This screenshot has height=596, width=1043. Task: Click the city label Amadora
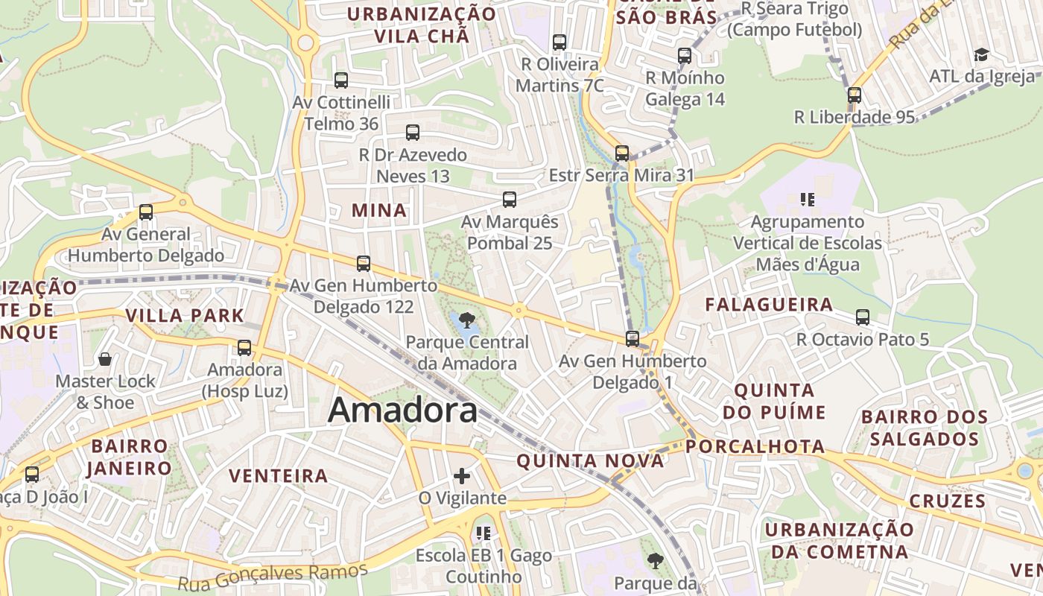pyautogui.click(x=402, y=410)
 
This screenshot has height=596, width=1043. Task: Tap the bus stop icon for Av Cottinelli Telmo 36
pyautogui.click(x=341, y=80)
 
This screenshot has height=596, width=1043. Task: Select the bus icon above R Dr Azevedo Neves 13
pyautogui.click(x=413, y=133)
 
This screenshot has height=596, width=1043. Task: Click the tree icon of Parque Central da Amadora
pyautogui.click(x=467, y=320)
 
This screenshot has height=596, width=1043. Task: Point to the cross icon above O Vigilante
pyautogui.click(x=462, y=475)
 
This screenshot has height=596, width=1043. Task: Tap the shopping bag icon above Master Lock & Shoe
pyautogui.click(x=105, y=359)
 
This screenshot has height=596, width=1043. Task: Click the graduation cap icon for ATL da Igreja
pyautogui.click(x=981, y=54)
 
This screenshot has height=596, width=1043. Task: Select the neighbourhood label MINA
pyautogui.click(x=379, y=211)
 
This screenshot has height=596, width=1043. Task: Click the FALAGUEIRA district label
pyautogui.click(x=769, y=304)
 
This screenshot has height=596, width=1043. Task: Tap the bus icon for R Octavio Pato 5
pyautogui.click(x=863, y=317)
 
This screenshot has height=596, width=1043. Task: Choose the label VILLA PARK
pyautogui.click(x=185, y=315)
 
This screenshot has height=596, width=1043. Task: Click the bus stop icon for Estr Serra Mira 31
pyautogui.click(x=621, y=153)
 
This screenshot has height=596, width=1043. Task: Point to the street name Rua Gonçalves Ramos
pyautogui.click(x=273, y=575)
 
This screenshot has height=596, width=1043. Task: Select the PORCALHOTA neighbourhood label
pyautogui.click(x=755, y=446)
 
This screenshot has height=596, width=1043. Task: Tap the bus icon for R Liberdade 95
pyautogui.click(x=854, y=95)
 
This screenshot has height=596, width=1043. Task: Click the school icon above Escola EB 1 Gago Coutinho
pyautogui.click(x=484, y=533)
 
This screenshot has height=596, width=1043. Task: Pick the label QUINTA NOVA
pyautogui.click(x=590, y=461)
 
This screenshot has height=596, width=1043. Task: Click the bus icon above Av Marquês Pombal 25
pyautogui.click(x=510, y=200)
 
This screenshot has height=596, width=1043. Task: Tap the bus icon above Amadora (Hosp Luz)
pyautogui.click(x=244, y=348)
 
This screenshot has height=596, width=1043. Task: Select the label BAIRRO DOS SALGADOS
pyautogui.click(x=924, y=427)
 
